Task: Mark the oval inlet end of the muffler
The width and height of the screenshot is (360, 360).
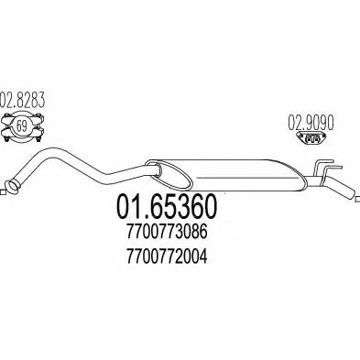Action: coord(157,168)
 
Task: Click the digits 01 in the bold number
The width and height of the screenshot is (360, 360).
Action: coord(127,209)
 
